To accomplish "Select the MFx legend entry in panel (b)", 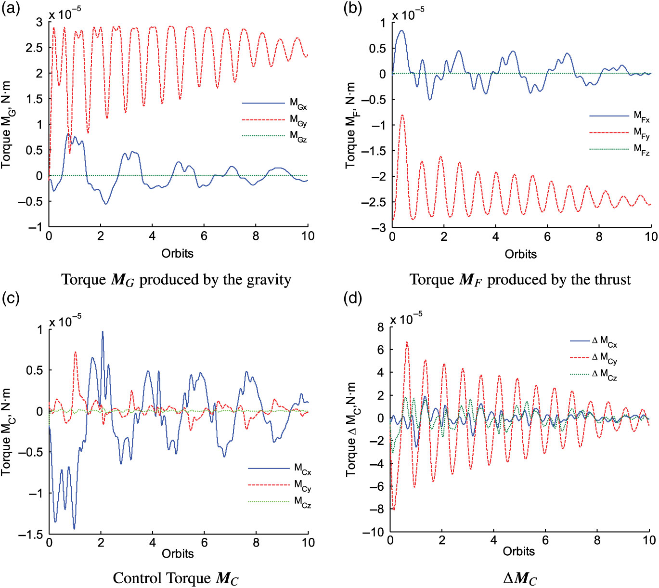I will [642, 116].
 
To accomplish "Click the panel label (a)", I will [11, 8].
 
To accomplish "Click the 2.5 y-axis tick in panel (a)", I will [34, 48].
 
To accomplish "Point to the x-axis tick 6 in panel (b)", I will [547, 236].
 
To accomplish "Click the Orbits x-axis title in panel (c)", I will [178, 553].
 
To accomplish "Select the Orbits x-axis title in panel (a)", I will [177, 253].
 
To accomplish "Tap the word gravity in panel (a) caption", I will [265, 280].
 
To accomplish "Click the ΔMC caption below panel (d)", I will [520, 578].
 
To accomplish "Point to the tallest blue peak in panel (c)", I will [103, 331].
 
